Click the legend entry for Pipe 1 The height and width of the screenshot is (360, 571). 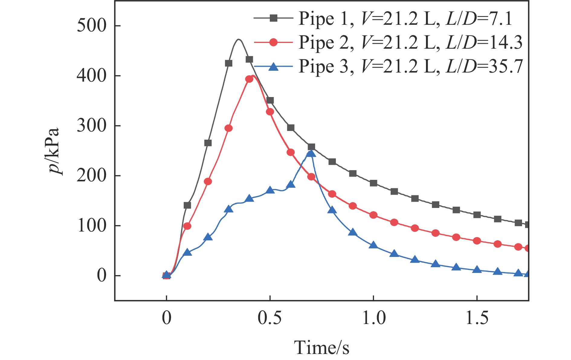(405, 18)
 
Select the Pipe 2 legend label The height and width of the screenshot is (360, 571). (410, 42)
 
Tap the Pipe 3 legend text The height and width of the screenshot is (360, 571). (410, 66)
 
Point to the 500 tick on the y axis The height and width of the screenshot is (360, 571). (92, 26)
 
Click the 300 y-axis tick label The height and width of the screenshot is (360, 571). (92, 126)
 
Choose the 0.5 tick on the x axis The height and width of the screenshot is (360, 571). (269, 318)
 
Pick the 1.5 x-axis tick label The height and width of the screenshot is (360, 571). (477, 318)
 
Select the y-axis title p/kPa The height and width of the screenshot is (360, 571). (54, 151)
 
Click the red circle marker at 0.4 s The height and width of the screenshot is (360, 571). (249, 79)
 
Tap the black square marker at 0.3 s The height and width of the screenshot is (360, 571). (229, 63)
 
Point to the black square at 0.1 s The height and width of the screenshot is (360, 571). (187, 206)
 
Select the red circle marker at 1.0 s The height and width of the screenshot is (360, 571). (373, 215)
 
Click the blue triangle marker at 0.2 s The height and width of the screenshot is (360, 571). (208, 237)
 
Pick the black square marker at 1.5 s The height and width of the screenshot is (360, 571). (477, 215)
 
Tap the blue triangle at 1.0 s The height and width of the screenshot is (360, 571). (373, 245)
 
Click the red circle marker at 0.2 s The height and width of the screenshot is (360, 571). (208, 182)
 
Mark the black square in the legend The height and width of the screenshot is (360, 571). (273, 18)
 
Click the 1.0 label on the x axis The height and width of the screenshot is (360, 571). (374, 318)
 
